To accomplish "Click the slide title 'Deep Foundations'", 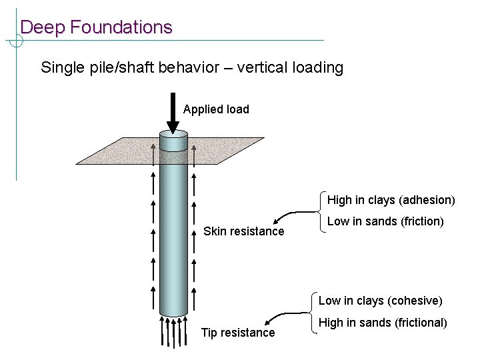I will pyautogui.click(x=96, y=27).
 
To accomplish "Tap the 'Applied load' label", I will pyautogui.click(x=216, y=109).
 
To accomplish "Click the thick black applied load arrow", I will pyautogui.click(x=173, y=117).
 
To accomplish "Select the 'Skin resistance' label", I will pyautogui.click(x=243, y=231).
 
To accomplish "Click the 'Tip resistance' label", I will pyautogui.click(x=238, y=332).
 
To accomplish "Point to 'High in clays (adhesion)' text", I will pyautogui.click(x=391, y=200).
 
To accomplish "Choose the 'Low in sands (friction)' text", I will pyautogui.click(x=385, y=221).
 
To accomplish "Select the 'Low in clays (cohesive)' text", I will pyautogui.click(x=380, y=301).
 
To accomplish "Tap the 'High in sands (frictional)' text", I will pyautogui.click(x=383, y=323).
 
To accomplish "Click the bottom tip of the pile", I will pyautogui.click(x=173, y=315).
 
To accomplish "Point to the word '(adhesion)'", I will pyautogui.click(x=428, y=200).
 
